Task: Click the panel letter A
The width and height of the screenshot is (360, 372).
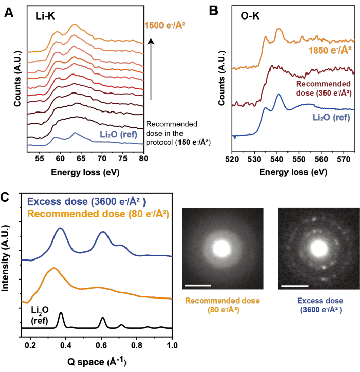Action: [x=9, y=12]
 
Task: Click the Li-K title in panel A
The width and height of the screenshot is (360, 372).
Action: [x=45, y=16]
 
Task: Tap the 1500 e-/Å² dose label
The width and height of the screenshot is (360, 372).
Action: [x=165, y=25]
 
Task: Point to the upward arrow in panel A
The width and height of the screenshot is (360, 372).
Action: [x=151, y=69]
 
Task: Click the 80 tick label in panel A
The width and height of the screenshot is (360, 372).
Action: [x=143, y=158]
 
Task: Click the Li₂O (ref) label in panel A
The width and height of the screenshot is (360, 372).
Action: [x=118, y=135]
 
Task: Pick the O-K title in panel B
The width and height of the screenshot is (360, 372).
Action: [x=250, y=16]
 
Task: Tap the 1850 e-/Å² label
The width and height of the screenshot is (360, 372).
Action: [x=330, y=50]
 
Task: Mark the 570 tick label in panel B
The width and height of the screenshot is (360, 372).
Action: [x=344, y=159]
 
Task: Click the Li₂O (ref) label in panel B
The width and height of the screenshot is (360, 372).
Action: [x=331, y=118]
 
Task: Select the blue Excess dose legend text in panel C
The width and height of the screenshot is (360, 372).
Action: [x=86, y=201]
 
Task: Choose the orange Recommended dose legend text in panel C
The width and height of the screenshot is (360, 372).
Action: [x=98, y=214]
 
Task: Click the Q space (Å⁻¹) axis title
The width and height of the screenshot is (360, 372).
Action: [x=97, y=362]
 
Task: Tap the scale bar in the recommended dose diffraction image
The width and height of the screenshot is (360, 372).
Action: [x=198, y=285]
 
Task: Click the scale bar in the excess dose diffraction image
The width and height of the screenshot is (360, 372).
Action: [x=295, y=286]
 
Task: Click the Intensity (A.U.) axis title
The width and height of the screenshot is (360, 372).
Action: [x=5, y=258]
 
